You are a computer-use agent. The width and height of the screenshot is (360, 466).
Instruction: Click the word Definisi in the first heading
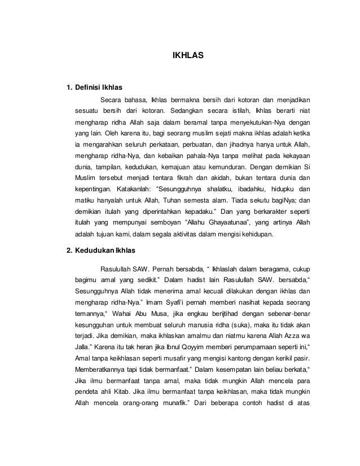[x=89, y=88]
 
